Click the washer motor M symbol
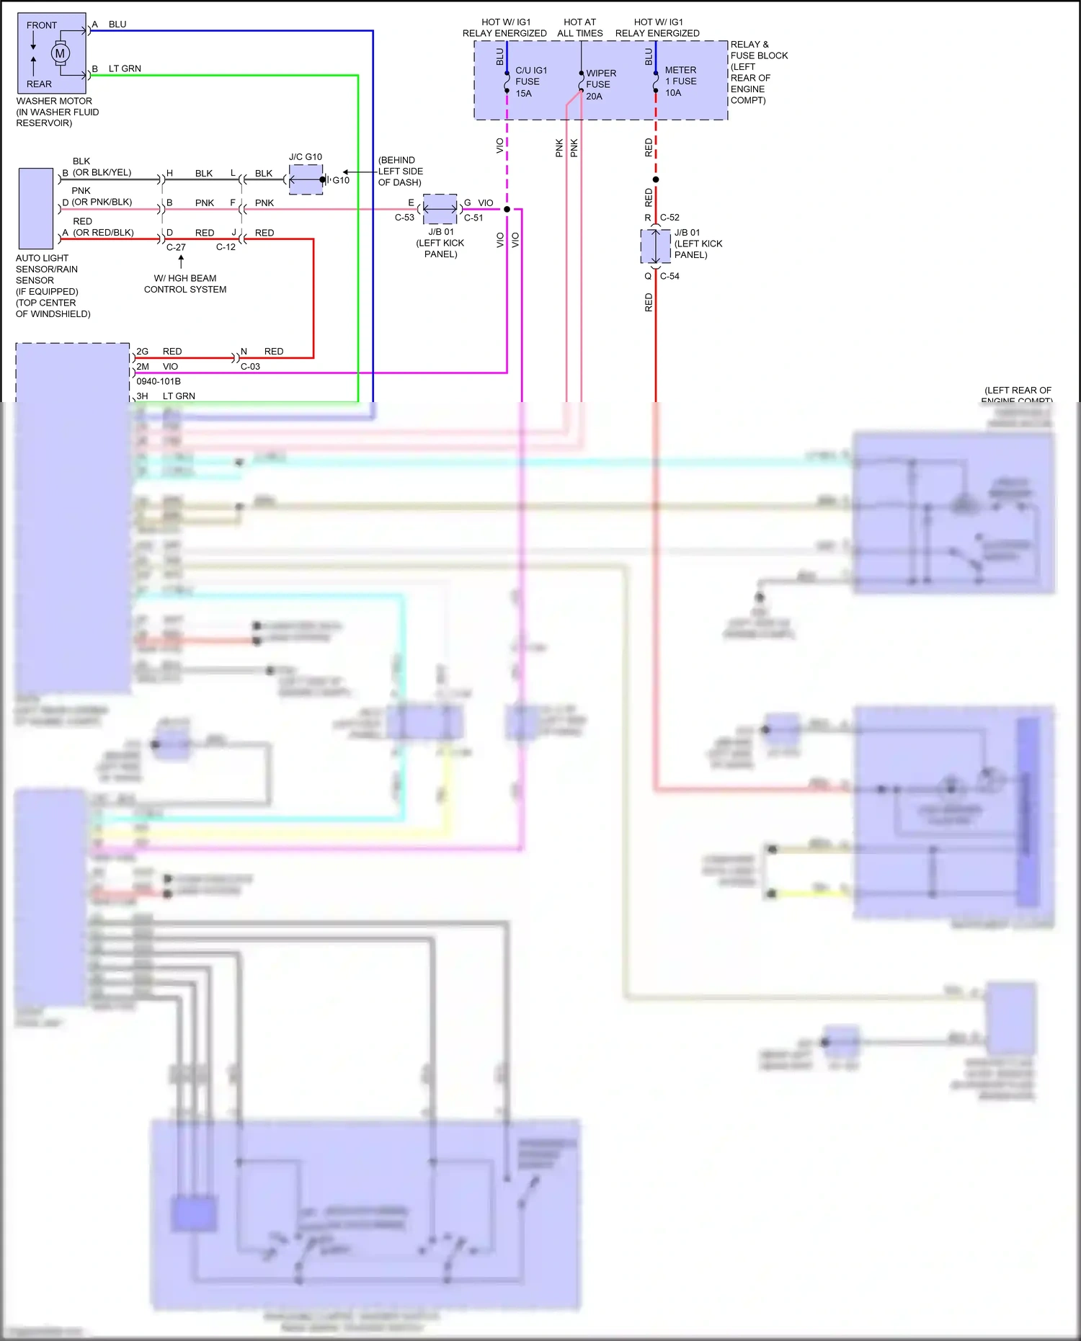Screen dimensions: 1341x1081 click(x=60, y=53)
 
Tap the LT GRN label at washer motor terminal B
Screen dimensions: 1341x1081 click(x=125, y=68)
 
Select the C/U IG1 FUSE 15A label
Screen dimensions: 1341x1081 click(x=531, y=81)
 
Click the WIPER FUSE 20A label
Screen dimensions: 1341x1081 click(x=601, y=84)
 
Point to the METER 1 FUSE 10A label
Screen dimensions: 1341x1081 click(x=680, y=81)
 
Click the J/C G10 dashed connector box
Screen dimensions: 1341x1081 click(x=306, y=179)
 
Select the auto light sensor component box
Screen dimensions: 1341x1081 click(x=36, y=208)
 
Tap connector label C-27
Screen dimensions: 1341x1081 click(x=176, y=247)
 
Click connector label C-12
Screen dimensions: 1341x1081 click(x=226, y=247)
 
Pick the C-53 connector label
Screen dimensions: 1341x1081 click(x=404, y=218)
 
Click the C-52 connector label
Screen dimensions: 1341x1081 click(x=669, y=218)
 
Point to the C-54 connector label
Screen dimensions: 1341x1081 click(x=669, y=276)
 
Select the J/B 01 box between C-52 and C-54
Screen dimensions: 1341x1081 click(x=655, y=247)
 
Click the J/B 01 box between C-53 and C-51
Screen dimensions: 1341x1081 click(x=440, y=209)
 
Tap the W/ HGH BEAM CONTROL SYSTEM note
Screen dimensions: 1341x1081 click(x=185, y=284)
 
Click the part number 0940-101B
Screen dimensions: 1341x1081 click(x=159, y=381)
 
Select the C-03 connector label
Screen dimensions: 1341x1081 click(x=250, y=367)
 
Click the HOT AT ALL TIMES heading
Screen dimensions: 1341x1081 click(x=580, y=27)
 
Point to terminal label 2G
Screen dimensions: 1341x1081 click(x=143, y=352)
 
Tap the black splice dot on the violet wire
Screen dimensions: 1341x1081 click(x=507, y=210)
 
